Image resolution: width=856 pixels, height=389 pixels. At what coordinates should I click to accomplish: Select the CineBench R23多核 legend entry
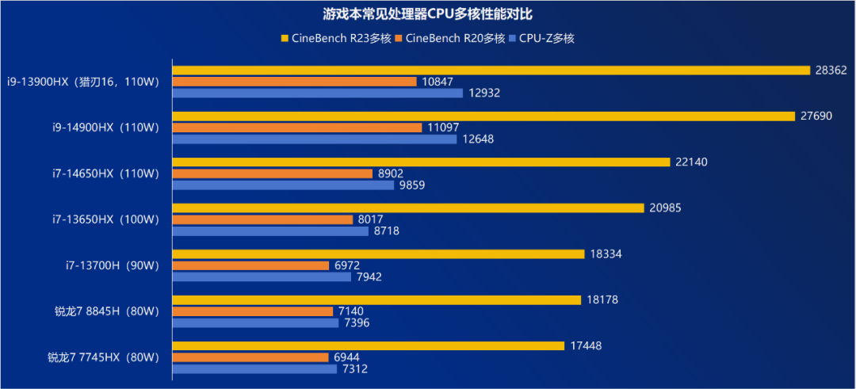coord(337,38)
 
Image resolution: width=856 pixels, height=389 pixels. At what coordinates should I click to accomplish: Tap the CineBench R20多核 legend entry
coord(451,38)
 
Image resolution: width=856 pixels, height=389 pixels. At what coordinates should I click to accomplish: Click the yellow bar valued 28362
coord(491,71)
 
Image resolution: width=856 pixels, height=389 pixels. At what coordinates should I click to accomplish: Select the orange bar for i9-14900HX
coord(297,128)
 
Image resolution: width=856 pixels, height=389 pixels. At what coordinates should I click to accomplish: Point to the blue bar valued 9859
coord(283,185)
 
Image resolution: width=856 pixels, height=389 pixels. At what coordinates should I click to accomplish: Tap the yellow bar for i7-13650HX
coord(408,208)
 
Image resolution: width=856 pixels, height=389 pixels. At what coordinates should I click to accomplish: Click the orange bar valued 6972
coord(250,265)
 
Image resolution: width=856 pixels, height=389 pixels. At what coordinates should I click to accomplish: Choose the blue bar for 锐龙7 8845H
coord(255,323)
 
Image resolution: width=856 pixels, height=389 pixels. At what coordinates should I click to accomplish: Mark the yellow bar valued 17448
coord(369,346)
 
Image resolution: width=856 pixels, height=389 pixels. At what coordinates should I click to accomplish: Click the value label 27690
coord(816,116)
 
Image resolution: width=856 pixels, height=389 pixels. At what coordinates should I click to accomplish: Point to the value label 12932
coord(484,93)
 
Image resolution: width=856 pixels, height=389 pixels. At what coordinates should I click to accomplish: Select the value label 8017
coord(374,219)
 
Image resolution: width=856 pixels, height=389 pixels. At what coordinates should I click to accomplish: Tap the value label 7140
coord(350,311)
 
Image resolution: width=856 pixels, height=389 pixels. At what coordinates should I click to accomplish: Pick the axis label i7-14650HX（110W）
coord(106,174)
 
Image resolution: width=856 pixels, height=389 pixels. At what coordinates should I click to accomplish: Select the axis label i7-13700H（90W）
coord(113,265)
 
